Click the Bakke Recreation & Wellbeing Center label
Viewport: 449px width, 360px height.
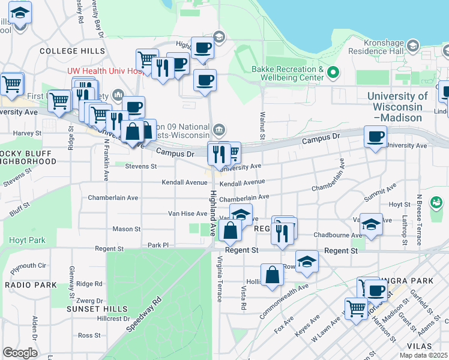point(288,73)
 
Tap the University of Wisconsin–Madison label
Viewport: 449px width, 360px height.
point(397,107)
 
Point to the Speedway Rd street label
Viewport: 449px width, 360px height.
point(145,314)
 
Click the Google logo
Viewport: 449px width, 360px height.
point(20,352)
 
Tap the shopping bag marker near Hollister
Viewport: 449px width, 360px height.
point(272,274)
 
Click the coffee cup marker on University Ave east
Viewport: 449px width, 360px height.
point(375,136)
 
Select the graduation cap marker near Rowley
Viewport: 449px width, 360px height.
point(307,261)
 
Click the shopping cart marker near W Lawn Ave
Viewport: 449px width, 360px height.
point(357,308)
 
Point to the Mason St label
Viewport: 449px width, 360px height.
point(127,229)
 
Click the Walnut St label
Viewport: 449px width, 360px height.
point(262,125)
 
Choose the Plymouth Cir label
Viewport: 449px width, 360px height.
point(28,265)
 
